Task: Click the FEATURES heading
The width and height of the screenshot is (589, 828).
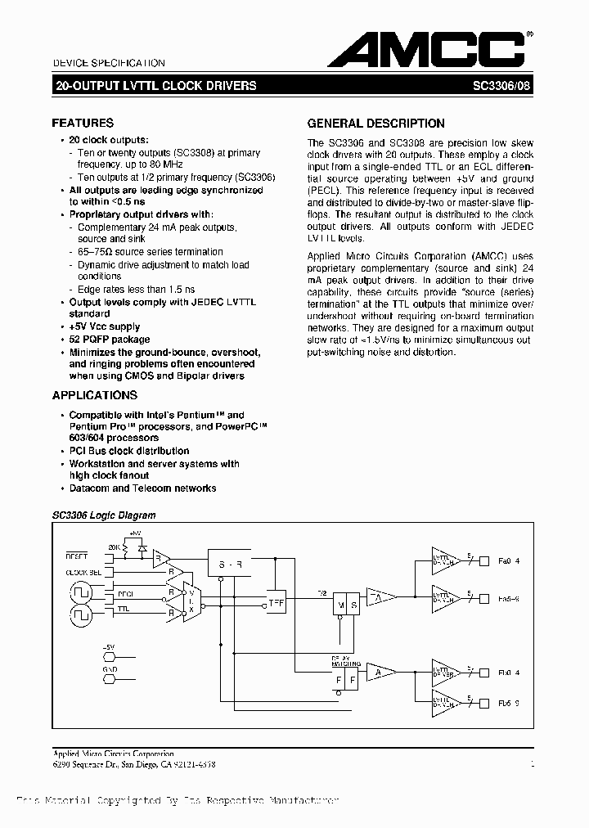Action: click(83, 123)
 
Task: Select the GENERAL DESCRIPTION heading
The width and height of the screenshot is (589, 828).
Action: click(375, 124)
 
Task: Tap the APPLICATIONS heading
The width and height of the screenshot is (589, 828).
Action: click(94, 395)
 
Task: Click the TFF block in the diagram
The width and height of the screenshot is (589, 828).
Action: click(277, 603)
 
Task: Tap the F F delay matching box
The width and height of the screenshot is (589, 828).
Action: click(344, 678)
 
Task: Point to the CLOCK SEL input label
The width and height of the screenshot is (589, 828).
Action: click(84, 572)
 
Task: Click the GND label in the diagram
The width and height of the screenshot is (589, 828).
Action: click(110, 668)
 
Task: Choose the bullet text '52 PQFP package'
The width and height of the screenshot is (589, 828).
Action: click(110, 339)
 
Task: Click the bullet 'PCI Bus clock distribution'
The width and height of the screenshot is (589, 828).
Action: click(129, 451)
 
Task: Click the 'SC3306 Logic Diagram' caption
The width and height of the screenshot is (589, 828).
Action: click(104, 515)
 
